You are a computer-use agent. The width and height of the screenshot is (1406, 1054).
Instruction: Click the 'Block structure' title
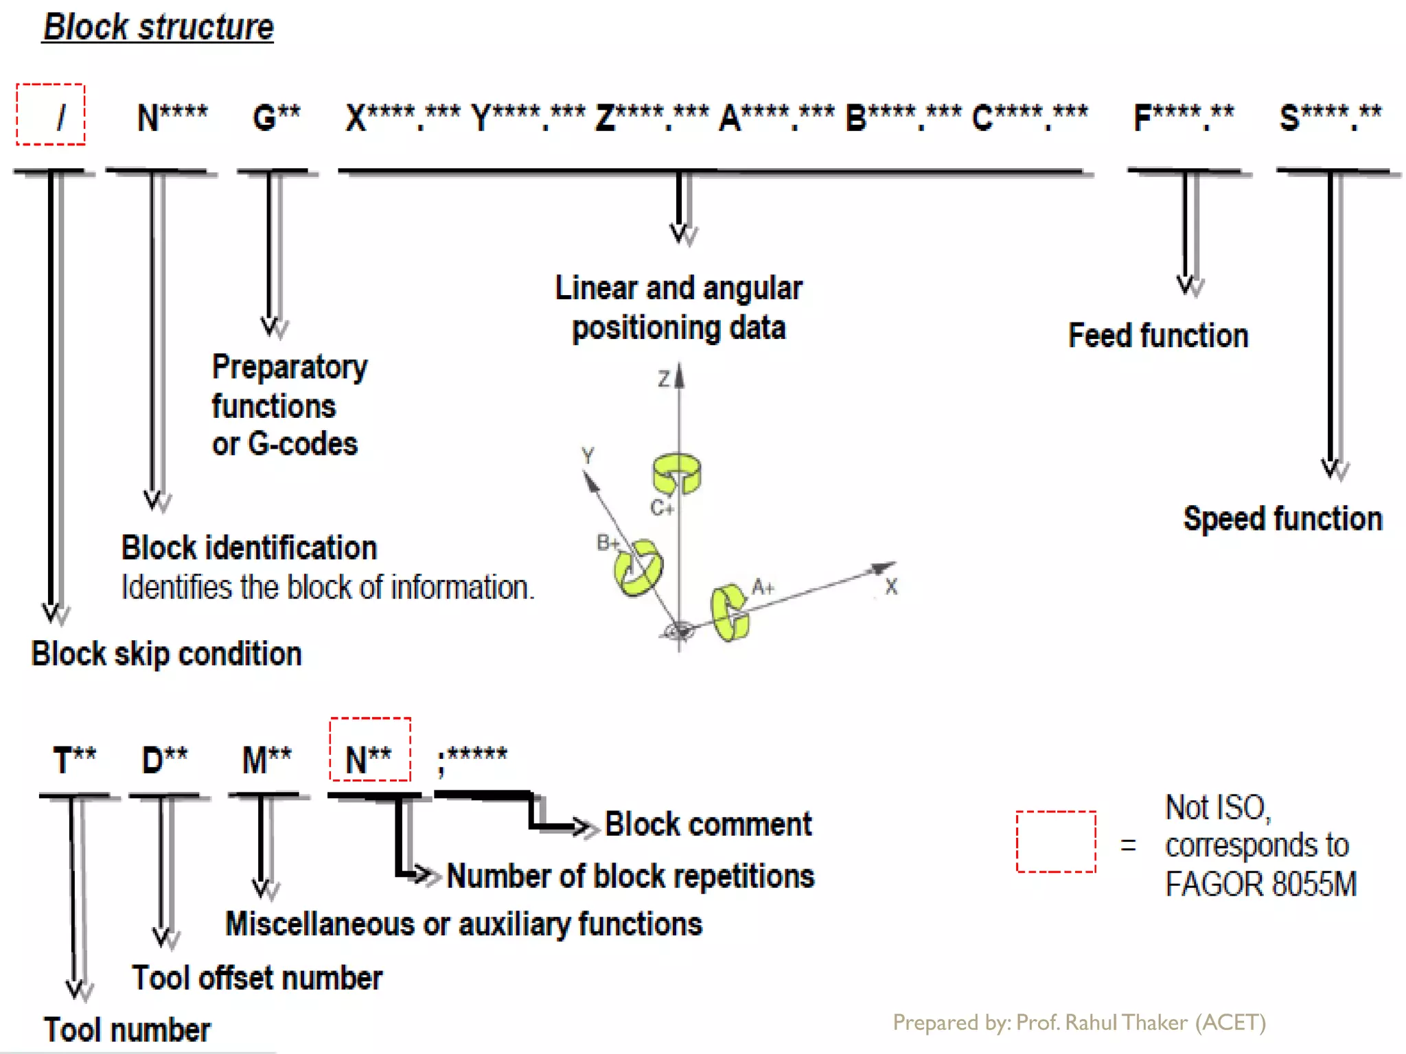158,27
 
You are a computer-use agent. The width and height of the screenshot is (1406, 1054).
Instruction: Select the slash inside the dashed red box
61,117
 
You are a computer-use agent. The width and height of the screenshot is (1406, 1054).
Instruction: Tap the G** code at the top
276,117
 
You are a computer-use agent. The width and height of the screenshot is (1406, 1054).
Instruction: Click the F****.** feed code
1183,117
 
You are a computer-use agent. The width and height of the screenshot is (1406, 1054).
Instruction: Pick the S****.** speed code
1330,117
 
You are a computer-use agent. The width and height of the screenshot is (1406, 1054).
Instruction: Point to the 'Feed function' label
1158,336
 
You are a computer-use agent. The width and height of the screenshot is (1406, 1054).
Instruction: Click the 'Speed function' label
1282,519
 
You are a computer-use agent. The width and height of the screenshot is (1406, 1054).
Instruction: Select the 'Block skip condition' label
167,654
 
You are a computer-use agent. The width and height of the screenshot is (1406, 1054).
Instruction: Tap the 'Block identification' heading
249,548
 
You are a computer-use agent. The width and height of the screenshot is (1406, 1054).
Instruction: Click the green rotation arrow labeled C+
676,473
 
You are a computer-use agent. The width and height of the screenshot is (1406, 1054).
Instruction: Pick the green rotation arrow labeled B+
638,568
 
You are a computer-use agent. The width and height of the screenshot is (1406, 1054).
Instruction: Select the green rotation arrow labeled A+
729,612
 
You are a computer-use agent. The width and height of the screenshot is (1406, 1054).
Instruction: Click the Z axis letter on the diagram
663,379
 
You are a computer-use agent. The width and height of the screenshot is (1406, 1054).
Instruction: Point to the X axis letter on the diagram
890,587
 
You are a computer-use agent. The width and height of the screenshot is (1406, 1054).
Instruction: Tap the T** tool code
75,760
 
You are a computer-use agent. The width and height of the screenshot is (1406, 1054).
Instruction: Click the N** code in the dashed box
369,760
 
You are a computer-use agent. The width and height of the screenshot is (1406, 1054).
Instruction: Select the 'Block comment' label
708,824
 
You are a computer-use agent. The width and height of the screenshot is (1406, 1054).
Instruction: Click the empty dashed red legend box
1055,842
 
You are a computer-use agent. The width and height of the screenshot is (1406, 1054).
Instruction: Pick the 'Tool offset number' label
257,978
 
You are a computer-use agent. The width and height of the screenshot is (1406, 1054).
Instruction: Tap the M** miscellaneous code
266,760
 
